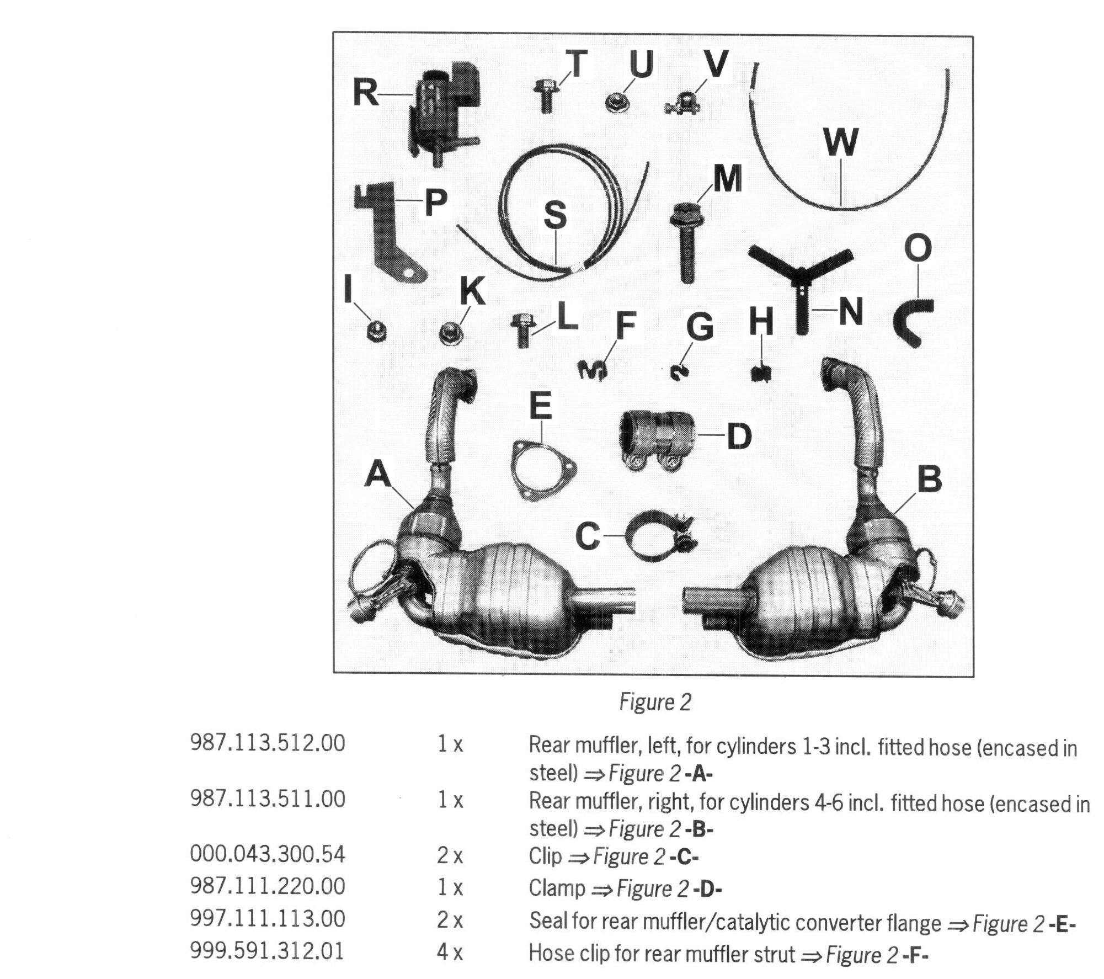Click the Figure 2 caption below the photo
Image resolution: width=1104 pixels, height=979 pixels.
655,703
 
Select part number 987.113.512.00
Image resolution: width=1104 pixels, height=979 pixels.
268,743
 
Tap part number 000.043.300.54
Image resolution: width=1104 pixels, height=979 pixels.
268,854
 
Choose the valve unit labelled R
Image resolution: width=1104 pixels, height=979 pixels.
444,110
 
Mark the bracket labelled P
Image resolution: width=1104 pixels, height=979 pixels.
389,232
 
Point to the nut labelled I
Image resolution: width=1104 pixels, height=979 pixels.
376,332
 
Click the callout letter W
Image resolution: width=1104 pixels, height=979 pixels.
840,142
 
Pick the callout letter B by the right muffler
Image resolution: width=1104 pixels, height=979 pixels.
929,478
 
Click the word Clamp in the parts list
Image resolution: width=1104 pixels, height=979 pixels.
557,888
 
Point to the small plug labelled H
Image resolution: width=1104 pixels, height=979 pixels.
761,373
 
